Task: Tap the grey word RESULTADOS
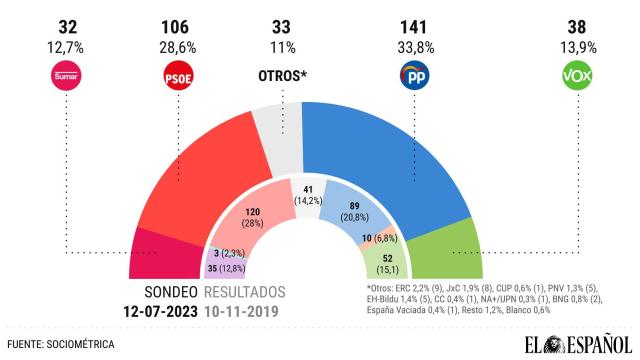pos(244,292)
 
